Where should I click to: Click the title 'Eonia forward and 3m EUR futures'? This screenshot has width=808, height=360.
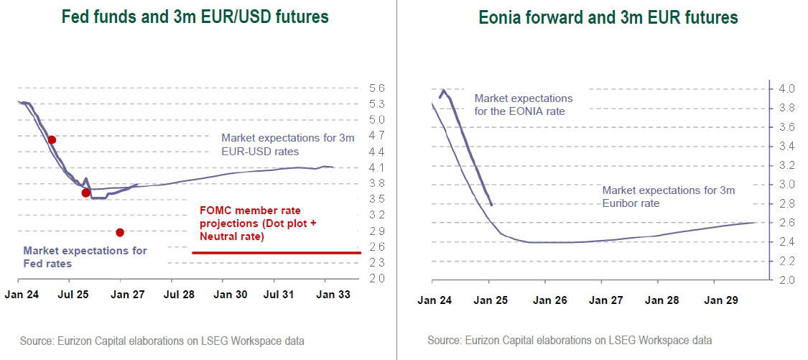coord(608,17)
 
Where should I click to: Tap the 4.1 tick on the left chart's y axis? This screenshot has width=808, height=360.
coord(377,167)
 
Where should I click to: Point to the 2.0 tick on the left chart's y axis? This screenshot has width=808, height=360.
coord(377,279)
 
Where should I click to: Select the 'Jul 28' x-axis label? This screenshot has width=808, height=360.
coord(179,295)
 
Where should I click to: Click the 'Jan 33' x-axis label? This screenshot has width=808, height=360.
coord(333,295)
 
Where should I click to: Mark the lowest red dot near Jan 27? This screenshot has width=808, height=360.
coord(120,232)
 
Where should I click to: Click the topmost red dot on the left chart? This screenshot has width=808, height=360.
coord(52,139)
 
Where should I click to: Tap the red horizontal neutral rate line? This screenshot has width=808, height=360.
coord(276,253)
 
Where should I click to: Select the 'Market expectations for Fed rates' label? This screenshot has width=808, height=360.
coord(85,257)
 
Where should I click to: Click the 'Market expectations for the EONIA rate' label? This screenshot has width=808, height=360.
coord(524,104)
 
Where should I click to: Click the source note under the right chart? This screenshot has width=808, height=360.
coord(570,340)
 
